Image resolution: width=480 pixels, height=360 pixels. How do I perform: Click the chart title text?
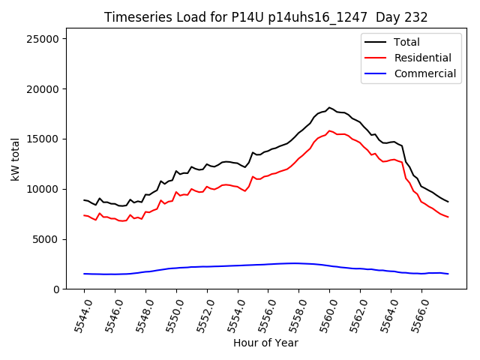point(265,17)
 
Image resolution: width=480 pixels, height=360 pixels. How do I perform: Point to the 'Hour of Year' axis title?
point(265,343)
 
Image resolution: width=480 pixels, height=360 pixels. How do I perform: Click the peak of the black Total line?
point(329,107)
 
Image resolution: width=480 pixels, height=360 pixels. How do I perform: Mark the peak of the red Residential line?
point(329,130)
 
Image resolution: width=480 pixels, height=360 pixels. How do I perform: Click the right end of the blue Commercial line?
point(448,274)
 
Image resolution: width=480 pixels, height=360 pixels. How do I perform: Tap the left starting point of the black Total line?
point(84,200)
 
